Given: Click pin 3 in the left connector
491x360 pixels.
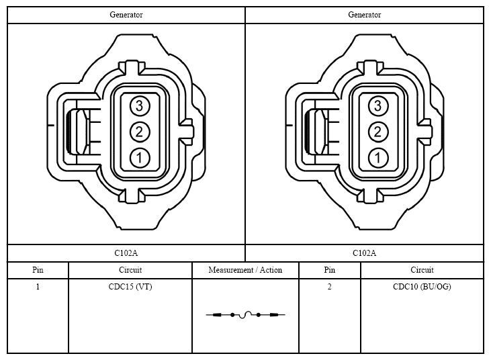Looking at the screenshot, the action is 140,106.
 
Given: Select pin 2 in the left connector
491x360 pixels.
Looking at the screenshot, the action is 140,132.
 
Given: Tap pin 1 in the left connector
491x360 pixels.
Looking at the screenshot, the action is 140,157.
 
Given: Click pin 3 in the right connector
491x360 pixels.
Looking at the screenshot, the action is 378,106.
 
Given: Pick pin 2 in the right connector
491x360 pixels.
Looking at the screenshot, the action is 378,132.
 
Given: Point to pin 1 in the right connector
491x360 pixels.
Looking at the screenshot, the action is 378,157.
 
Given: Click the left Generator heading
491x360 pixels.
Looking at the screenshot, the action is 126,15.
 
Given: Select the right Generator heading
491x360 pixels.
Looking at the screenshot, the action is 365,15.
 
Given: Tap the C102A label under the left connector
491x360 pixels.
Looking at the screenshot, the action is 126,253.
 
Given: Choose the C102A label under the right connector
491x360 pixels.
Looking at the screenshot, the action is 364,253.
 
